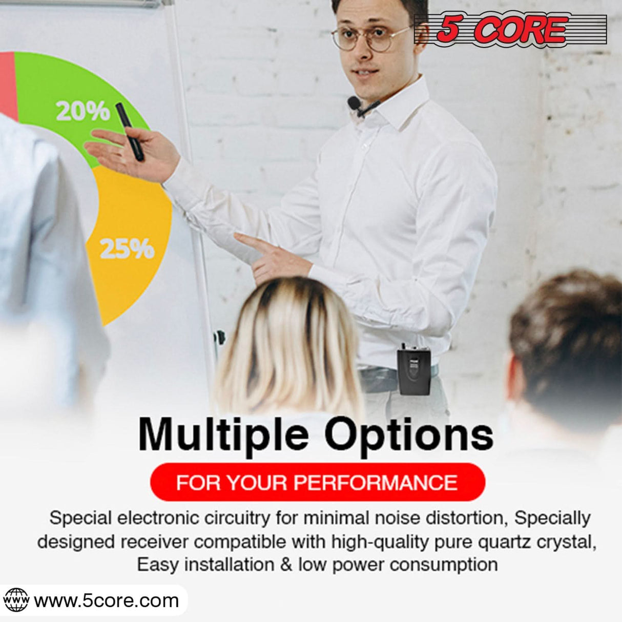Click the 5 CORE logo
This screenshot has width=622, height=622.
click(510, 29)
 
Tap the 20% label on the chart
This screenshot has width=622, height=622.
click(82, 111)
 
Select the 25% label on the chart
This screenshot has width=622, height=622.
click(127, 248)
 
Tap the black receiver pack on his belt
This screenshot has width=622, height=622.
click(413, 371)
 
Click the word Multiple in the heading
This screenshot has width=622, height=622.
click(223, 435)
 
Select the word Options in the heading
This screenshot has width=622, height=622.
click(408, 435)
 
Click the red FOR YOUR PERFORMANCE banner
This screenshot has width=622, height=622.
click(317, 483)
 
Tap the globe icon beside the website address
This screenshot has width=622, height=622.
click(16, 600)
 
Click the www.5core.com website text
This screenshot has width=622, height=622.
click(106, 600)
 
